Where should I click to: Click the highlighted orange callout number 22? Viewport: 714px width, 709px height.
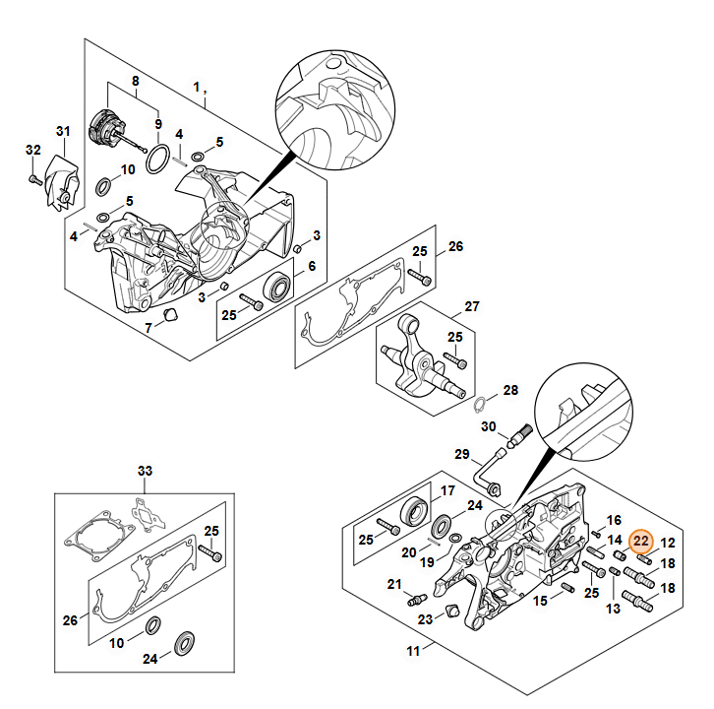tap(640, 542)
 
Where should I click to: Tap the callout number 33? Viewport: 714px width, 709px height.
tap(145, 471)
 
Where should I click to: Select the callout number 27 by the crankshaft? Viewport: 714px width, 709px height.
tap(472, 306)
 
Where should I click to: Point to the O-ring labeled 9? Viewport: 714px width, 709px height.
tap(157, 160)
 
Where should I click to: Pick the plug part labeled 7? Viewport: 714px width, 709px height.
tap(171, 314)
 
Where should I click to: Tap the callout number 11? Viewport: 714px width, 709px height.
tap(413, 651)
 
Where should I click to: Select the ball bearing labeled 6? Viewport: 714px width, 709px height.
tap(276, 287)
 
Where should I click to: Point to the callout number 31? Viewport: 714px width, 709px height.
tap(63, 131)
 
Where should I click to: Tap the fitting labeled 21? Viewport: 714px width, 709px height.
tap(417, 599)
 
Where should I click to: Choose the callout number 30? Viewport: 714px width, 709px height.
tap(488, 426)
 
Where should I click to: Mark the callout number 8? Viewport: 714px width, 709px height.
tap(136, 81)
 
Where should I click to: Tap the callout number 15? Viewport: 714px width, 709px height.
tap(540, 601)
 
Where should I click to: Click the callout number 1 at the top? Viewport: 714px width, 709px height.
tap(197, 87)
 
